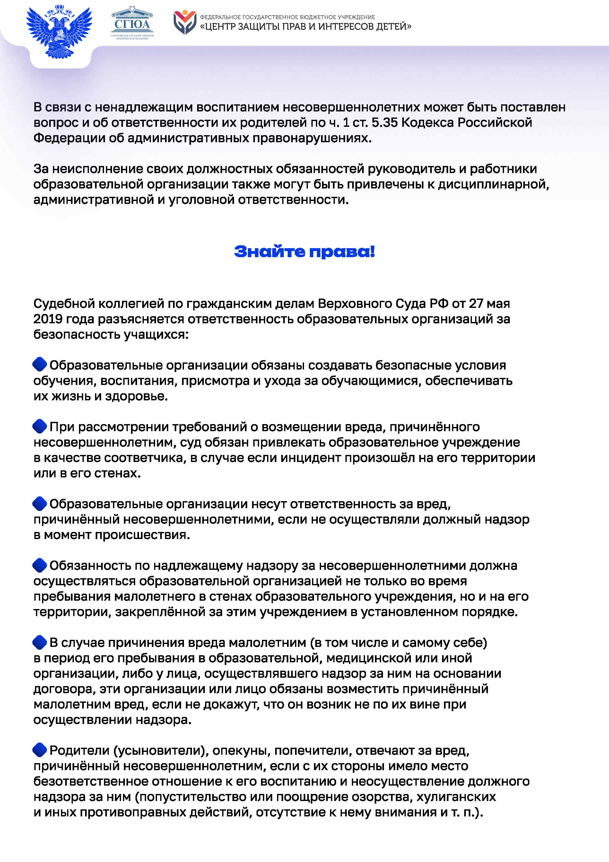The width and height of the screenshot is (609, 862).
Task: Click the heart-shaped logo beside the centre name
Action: tap(185, 22)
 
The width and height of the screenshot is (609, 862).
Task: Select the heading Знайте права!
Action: tap(304, 252)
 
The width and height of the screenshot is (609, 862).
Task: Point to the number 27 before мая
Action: tap(476, 303)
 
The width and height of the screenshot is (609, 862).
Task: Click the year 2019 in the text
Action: tap(48, 319)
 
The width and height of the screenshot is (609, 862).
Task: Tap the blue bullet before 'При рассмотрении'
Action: tap(40, 426)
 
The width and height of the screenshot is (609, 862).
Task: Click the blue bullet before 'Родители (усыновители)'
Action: tap(40, 750)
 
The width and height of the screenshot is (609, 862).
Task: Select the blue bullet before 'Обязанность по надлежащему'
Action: tap(40, 565)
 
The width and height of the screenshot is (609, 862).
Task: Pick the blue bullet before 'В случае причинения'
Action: tap(40, 642)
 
